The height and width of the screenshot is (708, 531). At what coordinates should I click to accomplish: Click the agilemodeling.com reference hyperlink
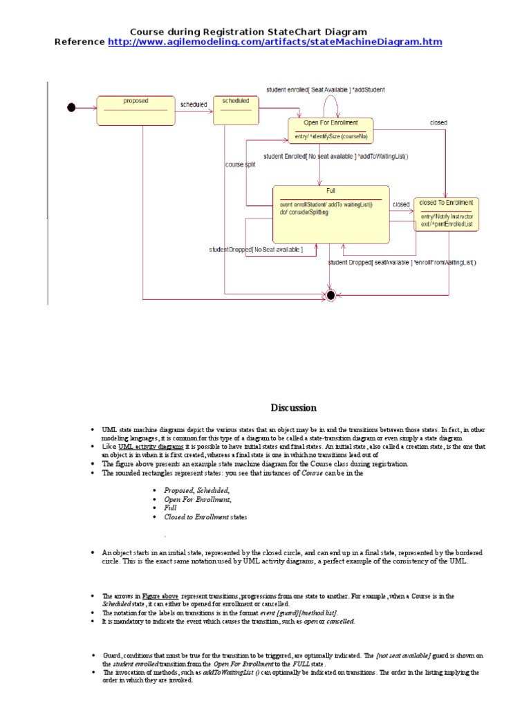point(274,42)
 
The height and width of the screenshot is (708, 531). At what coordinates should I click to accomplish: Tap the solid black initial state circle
point(71,107)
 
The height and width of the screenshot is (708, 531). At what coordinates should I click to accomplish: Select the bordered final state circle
point(330,295)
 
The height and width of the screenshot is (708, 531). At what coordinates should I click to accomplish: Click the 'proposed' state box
point(136,111)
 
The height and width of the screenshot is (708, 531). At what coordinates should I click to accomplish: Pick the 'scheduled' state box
point(235,111)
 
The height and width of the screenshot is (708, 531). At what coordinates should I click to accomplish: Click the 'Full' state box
point(331,214)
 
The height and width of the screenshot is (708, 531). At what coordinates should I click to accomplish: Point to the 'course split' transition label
point(240,165)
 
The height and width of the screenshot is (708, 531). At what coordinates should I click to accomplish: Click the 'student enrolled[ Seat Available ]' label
point(326,90)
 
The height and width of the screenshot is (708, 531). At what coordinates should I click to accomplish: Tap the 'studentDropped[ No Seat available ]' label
point(256,249)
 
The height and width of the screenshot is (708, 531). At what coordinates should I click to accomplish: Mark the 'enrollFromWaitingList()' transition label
point(402,263)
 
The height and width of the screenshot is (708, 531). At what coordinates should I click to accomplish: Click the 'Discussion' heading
point(293,407)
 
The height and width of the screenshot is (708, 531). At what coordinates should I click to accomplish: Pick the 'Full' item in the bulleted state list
point(170,507)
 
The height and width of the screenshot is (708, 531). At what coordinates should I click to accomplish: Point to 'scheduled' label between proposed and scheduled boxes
point(193,105)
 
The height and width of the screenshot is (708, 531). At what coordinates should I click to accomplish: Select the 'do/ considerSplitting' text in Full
point(304,212)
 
